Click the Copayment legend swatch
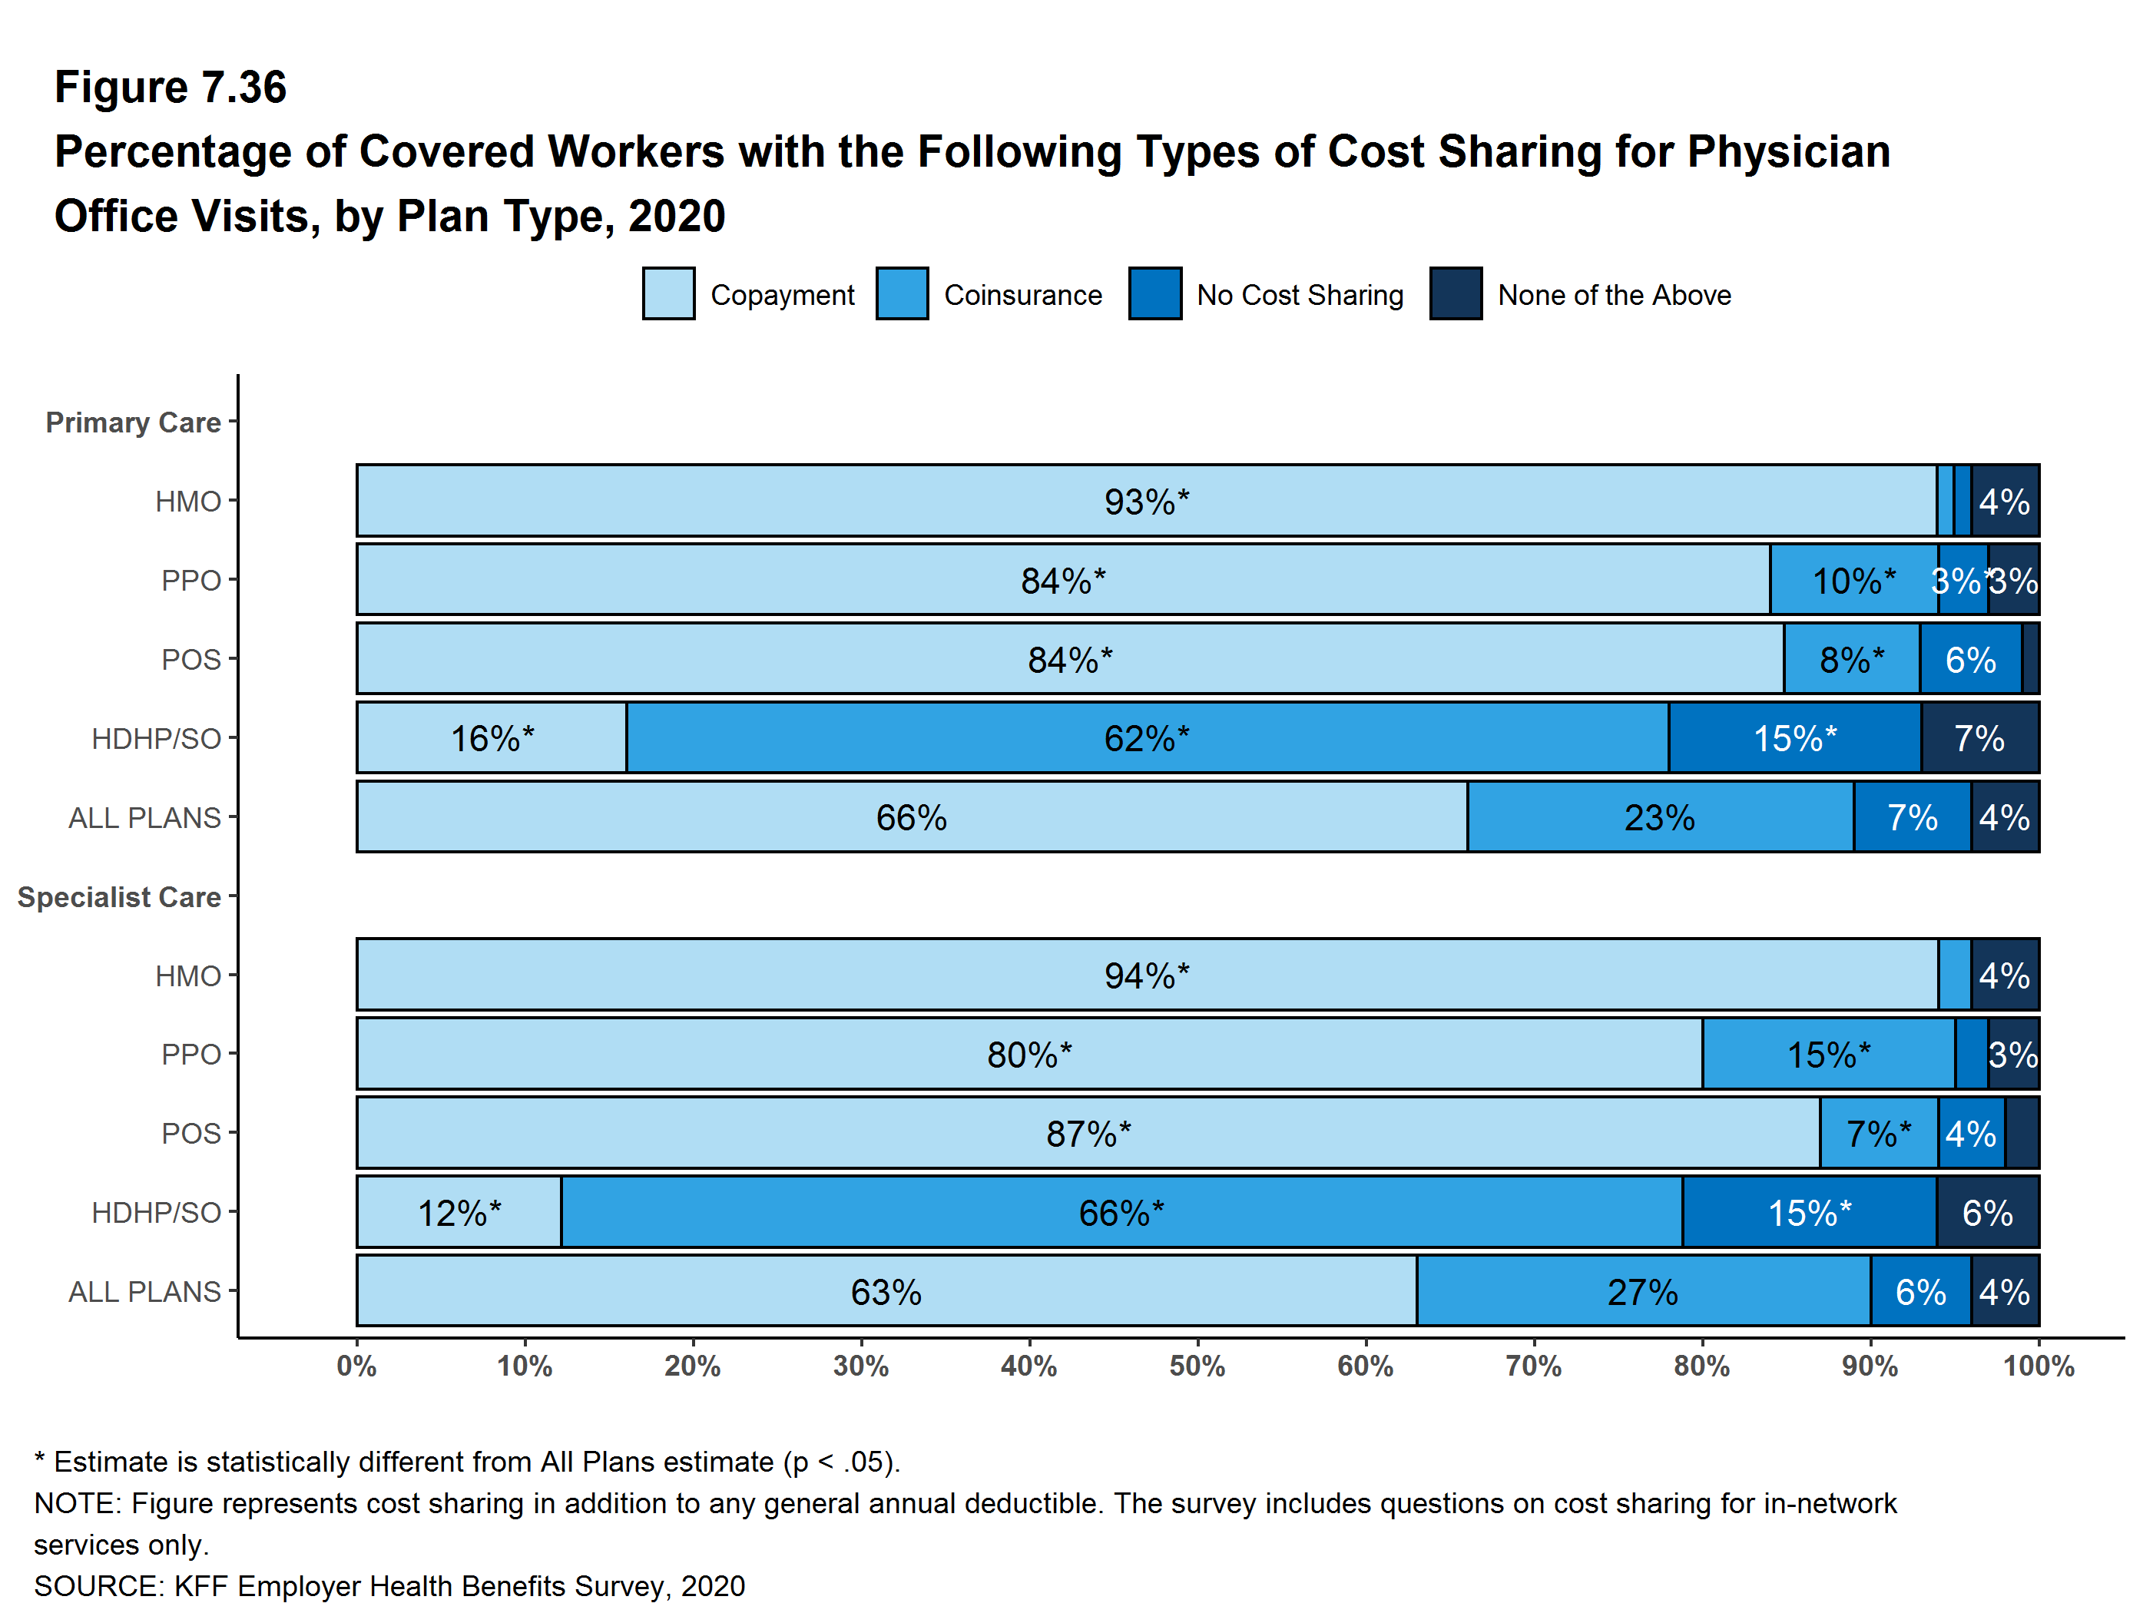click(667, 293)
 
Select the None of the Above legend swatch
click(1455, 293)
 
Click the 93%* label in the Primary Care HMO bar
click(1146, 502)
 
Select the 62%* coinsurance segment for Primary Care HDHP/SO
click(1146, 738)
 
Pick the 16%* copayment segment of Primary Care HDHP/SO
click(491, 738)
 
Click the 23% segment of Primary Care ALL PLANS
click(1660, 818)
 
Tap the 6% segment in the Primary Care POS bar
click(1969, 660)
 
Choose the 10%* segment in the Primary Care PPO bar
click(1853, 580)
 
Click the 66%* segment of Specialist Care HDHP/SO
click(1121, 1212)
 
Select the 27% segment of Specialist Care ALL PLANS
click(1642, 1291)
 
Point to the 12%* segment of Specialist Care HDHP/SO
click(459, 1212)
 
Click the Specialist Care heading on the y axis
click(119, 897)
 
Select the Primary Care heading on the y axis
click(133, 422)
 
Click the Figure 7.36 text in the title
click(171, 88)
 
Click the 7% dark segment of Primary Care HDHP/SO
click(1979, 738)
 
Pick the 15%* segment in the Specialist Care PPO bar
click(1828, 1054)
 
